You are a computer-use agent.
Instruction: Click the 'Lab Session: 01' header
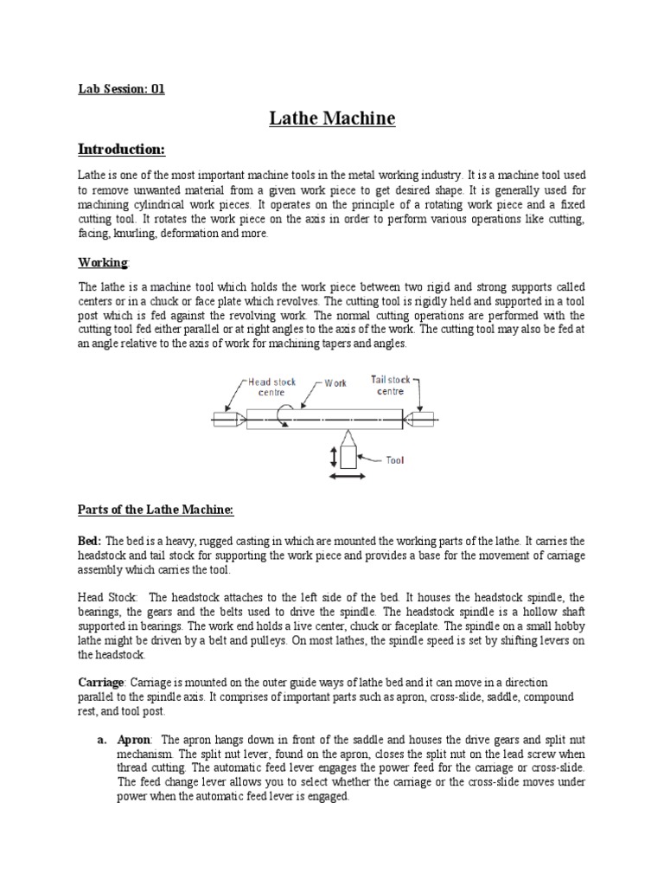(x=121, y=88)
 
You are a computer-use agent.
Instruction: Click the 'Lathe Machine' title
(x=332, y=118)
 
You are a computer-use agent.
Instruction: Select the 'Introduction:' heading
(x=122, y=150)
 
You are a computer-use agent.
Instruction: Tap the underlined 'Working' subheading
(x=104, y=261)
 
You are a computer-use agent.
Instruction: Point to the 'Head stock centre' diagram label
(x=272, y=387)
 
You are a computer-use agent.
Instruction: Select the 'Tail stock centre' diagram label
(x=391, y=384)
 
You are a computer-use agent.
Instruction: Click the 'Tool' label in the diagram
(x=394, y=460)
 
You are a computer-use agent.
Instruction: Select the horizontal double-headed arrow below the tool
(x=348, y=477)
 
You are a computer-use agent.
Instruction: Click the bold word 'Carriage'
(x=102, y=683)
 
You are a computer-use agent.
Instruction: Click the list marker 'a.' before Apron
(x=101, y=740)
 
